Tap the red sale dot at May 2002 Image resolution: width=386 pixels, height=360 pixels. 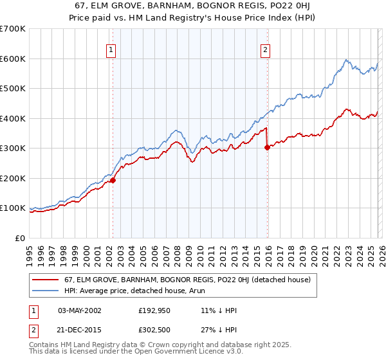coord(113,181)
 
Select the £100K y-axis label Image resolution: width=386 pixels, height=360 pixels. coord(13,208)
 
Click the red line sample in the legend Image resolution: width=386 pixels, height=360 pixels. coord(46,280)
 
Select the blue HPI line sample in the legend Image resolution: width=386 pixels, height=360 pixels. coord(46,291)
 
